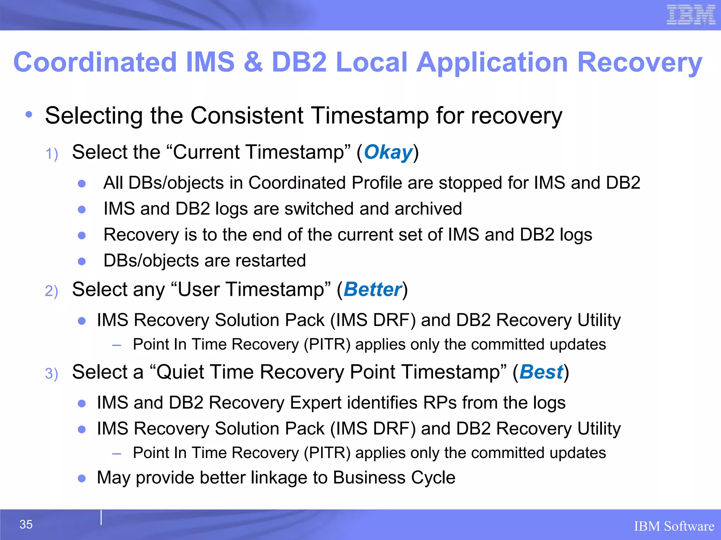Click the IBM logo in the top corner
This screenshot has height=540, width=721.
[691, 15]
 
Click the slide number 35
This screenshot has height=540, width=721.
[26, 524]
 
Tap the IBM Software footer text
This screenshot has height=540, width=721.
[674, 526]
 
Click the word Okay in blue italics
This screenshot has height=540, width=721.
[388, 152]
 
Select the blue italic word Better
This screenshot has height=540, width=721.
[372, 289]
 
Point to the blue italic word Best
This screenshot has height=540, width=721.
[541, 372]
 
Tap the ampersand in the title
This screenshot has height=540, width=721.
[253, 62]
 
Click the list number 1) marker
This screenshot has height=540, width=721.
[52, 154]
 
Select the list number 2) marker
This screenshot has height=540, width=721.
[51, 291]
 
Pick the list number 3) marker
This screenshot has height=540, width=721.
[51, 374]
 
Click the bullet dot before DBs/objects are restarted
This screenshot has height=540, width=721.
[82, 261]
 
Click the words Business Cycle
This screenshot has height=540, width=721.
[394, 477]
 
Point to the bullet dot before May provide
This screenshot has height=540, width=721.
[82, 478]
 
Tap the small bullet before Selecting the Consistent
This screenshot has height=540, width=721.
[29, 114]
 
